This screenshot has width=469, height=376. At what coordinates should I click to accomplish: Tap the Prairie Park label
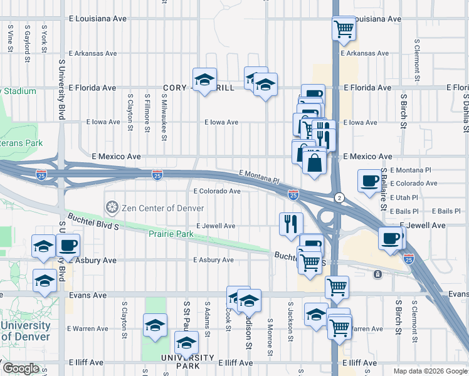pos(171,234)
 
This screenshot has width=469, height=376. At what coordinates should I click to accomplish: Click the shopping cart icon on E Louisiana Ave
pos(344,28)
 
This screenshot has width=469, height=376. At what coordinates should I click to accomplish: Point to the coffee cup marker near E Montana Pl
pos(369,180)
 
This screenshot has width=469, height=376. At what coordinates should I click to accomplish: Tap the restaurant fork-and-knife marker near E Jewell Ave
pos(290,224)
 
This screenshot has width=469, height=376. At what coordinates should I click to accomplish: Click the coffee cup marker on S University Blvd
pos(68,245)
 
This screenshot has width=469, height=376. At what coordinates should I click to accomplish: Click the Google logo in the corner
pos(21,368)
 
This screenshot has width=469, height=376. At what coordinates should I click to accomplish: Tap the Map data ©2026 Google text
pos(430,371)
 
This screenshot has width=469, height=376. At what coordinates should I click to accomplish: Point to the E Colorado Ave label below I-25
pos(217,191)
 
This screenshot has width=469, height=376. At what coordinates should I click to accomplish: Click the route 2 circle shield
pos(339,197)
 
